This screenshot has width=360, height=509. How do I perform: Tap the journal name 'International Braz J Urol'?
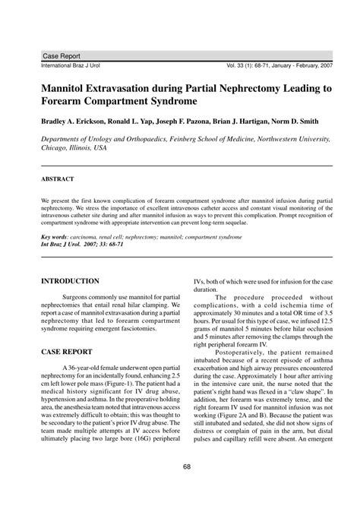(x=65, y=66)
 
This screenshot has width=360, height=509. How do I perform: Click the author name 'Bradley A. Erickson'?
(x=65, y=121)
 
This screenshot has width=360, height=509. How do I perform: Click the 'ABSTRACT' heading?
(x=47, y=179)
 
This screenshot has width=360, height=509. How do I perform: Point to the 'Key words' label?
(x=46, y=237)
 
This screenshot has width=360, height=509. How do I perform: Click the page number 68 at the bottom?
(x=180, y=488)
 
